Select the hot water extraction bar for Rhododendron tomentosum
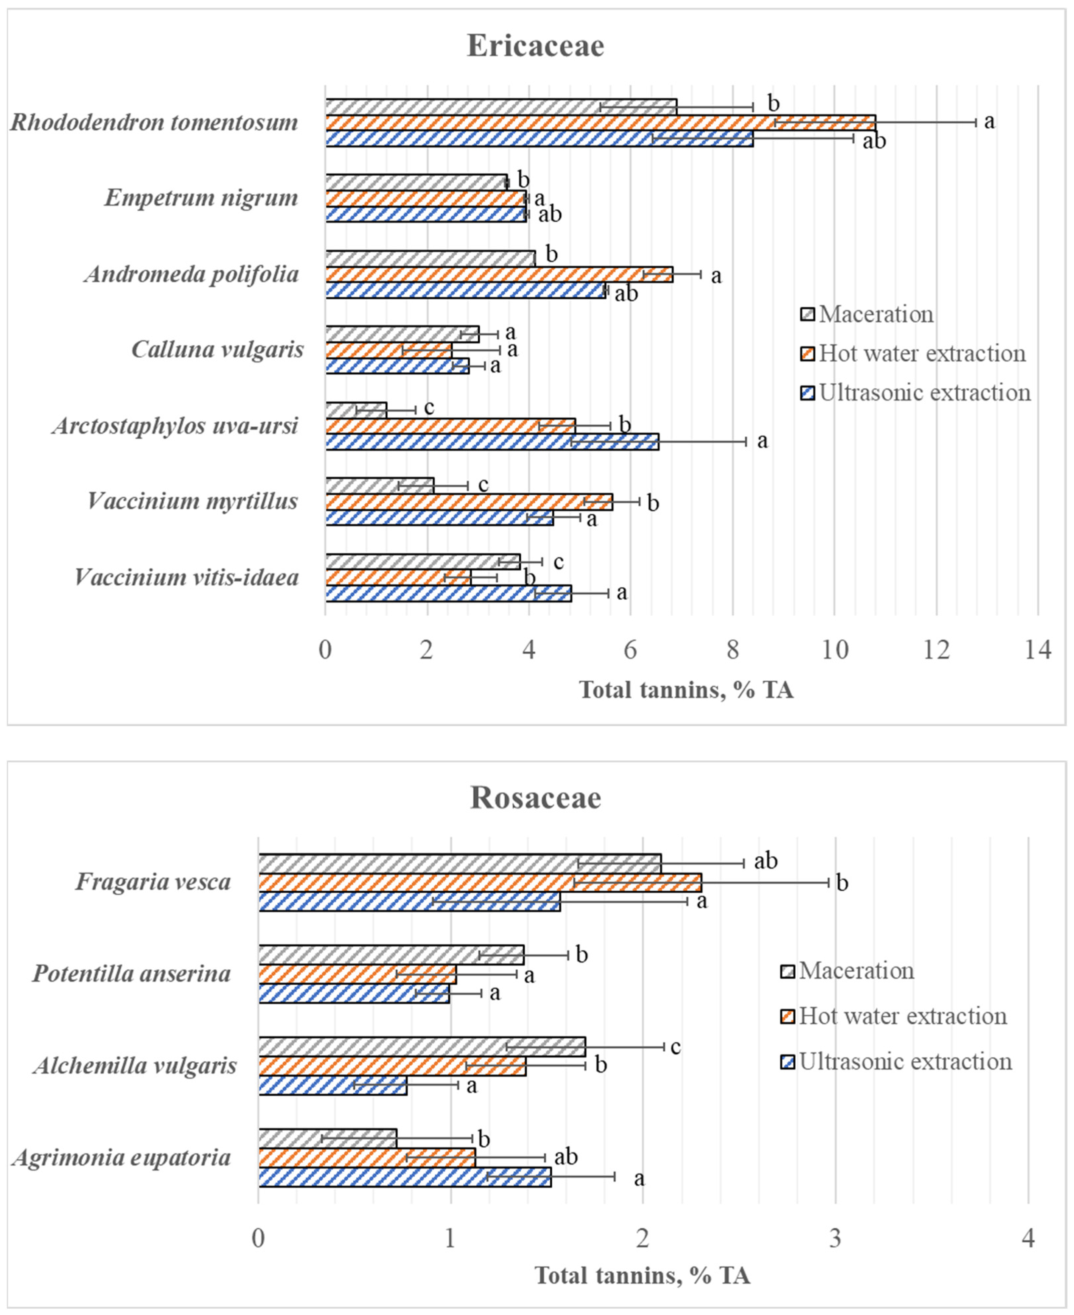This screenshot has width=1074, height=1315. pyautogui.click(x=600, y=122)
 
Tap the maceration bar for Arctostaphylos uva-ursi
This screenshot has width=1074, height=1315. pyautogui.click(x=356, y=410)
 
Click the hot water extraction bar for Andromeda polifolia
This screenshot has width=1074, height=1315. pyautogui.click(x=498, y=275)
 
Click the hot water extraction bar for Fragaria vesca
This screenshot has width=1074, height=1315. pyautogui.click(x=479, y=882)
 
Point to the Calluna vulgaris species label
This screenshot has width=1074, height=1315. pyautogui.click(x=218, y=350)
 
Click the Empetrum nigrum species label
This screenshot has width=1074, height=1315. pyautogui.click(x=201, y=198)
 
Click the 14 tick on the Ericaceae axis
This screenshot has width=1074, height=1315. pyautogui.click(x=1038, y=650)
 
